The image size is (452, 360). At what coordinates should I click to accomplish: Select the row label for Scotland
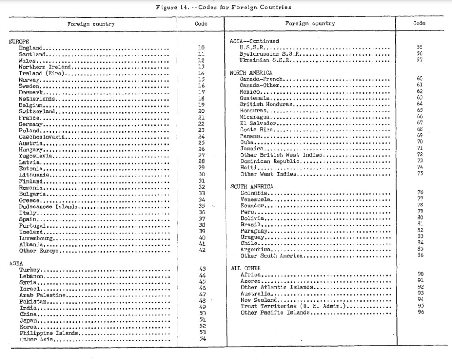pos(30,54)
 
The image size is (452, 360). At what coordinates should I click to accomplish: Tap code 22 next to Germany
pos(201,124)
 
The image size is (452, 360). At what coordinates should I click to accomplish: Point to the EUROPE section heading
pos(19,41)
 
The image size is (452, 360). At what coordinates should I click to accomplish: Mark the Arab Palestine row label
pos(42,295)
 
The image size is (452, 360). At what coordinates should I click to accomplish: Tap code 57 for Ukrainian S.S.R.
pos(419,60)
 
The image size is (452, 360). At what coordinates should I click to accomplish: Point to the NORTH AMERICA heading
pos(251,72)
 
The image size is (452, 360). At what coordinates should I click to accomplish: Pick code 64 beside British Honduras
pos(419,104)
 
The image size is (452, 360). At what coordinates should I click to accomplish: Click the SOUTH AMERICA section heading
pos(252,187)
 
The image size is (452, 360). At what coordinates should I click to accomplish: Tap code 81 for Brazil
pos(419,225)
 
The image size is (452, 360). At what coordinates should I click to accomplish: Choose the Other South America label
pos(271,256)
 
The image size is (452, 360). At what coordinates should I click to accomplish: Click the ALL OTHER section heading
pos(246,268)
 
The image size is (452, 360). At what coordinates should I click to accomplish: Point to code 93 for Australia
pos(419,293)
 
